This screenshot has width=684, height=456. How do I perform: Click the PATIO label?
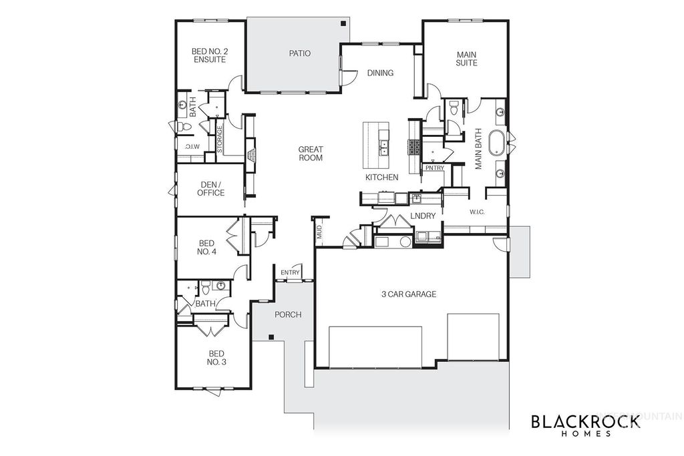[x=300, y=53]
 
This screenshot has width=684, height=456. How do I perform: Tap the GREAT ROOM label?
[x=311, y=154]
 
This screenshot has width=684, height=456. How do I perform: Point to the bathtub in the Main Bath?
[x=498, y=143]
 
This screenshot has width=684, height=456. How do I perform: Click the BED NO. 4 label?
[x=208, y=247]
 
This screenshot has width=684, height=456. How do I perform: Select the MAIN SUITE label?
[x=466, y=59]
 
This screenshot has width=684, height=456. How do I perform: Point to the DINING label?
[x=380, y=73]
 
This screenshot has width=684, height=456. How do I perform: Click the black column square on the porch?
[x=271, y=337]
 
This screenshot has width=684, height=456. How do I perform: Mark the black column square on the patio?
[x=343, y=24]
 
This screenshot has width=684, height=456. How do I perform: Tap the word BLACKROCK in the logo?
[x=585, y=421]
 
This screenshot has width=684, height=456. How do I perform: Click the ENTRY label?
[x=290, y=272]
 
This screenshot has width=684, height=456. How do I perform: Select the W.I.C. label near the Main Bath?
[x=476, y=212]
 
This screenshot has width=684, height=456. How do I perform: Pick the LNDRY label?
[x=423, y=216]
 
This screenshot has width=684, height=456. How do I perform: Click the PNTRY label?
[x=434, y=168]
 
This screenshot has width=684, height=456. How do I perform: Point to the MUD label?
[x=319, y=232]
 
